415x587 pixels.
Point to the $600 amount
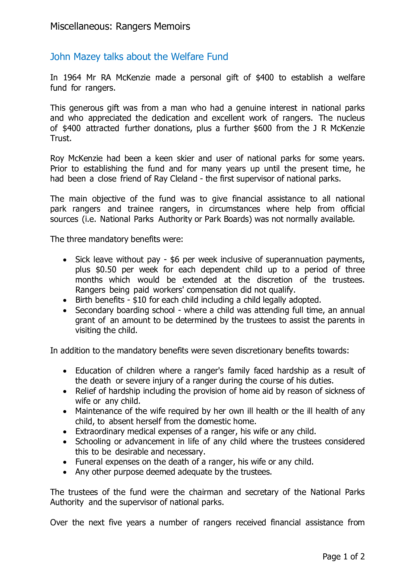pos(262,128)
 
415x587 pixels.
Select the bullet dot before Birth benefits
pos(65,300)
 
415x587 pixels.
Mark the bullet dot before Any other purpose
pos(65,473)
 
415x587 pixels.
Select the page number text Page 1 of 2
pos(343,557)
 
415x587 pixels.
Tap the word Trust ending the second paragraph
pos(61,138)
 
